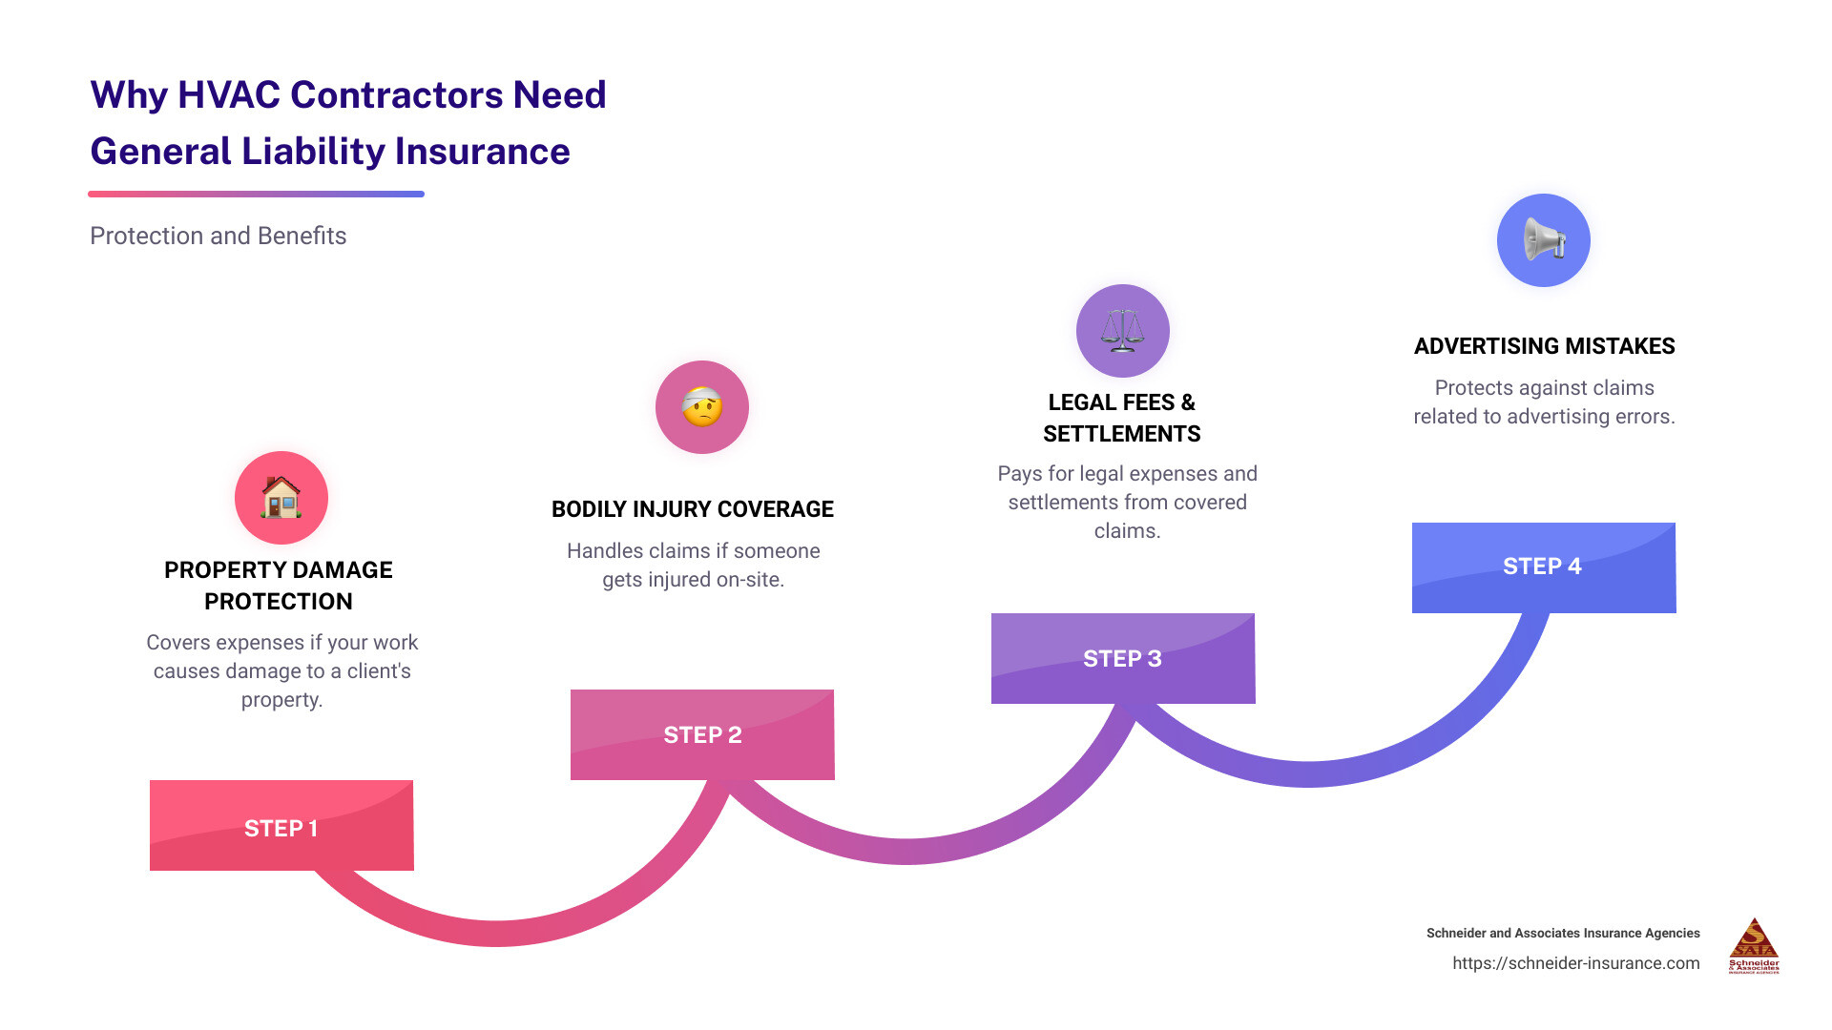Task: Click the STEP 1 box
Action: pyautogui.click(x=281, y=826)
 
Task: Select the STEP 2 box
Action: pyautogui.click(x=702, y=734)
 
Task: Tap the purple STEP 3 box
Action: pyautogui.click(x=1123, y=658)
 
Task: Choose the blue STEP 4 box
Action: pyautogui.click(x=1543, y=567)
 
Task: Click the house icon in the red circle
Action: pyautogui.click(x=281, y=498)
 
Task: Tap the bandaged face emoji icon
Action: pyautogui.click(x=702, y=407)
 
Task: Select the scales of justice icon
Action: pyautogui.click(x=1123, y=331)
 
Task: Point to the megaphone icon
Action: pyautogui.click(x=1543, y=240)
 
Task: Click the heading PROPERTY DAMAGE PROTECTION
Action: pyautogui.click(x=279, y=586)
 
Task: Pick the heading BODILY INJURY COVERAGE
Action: pyautogui.click(x=693, y=509)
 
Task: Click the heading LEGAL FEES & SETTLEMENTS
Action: pyautogui.click(x=1122, y=418)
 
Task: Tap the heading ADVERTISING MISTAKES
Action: pyautogui.click(x=1544, y=346)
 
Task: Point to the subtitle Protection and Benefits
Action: pyautogui.click(x=218, y=236)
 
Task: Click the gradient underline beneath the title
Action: pyautogui.click(x=256, y=195)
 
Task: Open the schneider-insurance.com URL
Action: pyautogui.click(x=1575, y=963)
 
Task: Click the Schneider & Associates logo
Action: pyautogui.click(x=1754, y=945)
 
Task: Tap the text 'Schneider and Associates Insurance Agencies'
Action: pyautogui.click(x=1563, y=933)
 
